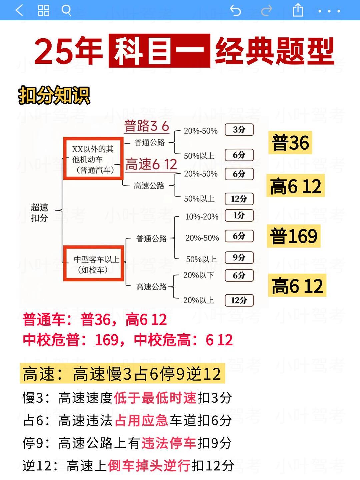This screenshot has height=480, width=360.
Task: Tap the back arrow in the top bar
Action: pos(19,10)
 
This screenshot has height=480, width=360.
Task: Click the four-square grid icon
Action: pos(44,10)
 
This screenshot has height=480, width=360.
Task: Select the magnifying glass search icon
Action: pos(66,10)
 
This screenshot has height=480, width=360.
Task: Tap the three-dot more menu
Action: pos(329,11)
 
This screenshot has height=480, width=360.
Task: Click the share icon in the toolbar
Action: pos(298,10)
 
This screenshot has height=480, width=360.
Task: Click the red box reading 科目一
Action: pos(159,51)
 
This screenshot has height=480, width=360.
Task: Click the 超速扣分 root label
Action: pos(39,212)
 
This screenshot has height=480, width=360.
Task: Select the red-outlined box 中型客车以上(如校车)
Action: pos(93,263)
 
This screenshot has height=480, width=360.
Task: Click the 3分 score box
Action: pos(239,130)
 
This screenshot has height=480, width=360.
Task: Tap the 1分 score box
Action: pos(239,215)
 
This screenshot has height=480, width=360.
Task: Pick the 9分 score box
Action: pos(239,257)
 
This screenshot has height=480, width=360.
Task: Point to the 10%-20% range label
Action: pos(202,217)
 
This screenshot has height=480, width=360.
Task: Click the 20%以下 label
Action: pos(198,275)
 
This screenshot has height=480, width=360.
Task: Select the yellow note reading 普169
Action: pos(293,236)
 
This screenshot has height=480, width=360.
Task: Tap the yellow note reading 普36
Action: pos(290,143)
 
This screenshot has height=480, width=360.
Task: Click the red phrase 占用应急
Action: pos(141,420)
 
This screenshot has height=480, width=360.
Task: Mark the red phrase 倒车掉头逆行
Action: pos(149,466)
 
